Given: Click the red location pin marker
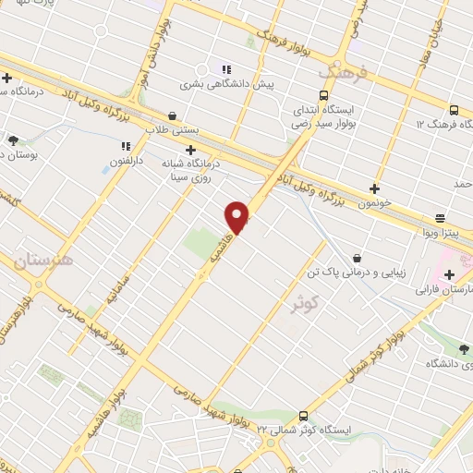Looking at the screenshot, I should point(237,216).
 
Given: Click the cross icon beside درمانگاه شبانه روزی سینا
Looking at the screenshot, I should point(190,149).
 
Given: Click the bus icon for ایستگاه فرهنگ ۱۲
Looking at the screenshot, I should point(454,108).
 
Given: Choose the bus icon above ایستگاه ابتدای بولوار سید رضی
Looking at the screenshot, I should point(323,95).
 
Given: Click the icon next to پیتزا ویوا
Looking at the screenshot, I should point(439,219).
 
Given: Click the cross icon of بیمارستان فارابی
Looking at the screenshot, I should point(450,274).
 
